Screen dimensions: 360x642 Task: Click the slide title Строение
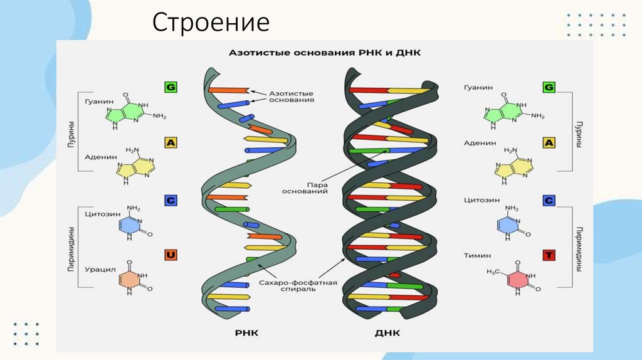click(x=211, y=23)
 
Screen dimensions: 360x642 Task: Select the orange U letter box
click(x=170, y=255)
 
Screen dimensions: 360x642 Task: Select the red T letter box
click(x=549, y=255)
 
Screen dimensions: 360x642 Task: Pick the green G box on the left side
click(x=170, y=88)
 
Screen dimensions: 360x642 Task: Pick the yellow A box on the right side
click(x=549, y=143)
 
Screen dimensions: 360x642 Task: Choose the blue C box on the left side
click(x=170, y=201)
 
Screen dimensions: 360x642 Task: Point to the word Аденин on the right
click(x=475, y=143)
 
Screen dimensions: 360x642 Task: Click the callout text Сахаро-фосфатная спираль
click(x=298, y=287)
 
